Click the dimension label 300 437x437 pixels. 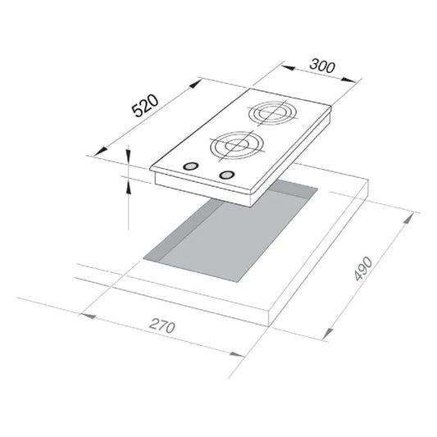point(322,66)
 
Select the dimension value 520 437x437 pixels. point(145,106)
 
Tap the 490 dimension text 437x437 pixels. point(364,268)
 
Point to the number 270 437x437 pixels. point(162,326)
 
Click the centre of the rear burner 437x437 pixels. point(273,113)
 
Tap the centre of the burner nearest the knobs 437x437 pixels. point(237,145)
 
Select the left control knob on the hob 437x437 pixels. point(191,166)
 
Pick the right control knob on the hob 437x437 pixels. point(227,175)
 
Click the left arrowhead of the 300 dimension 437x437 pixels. point(288,68)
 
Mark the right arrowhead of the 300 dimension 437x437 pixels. point(349,80)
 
